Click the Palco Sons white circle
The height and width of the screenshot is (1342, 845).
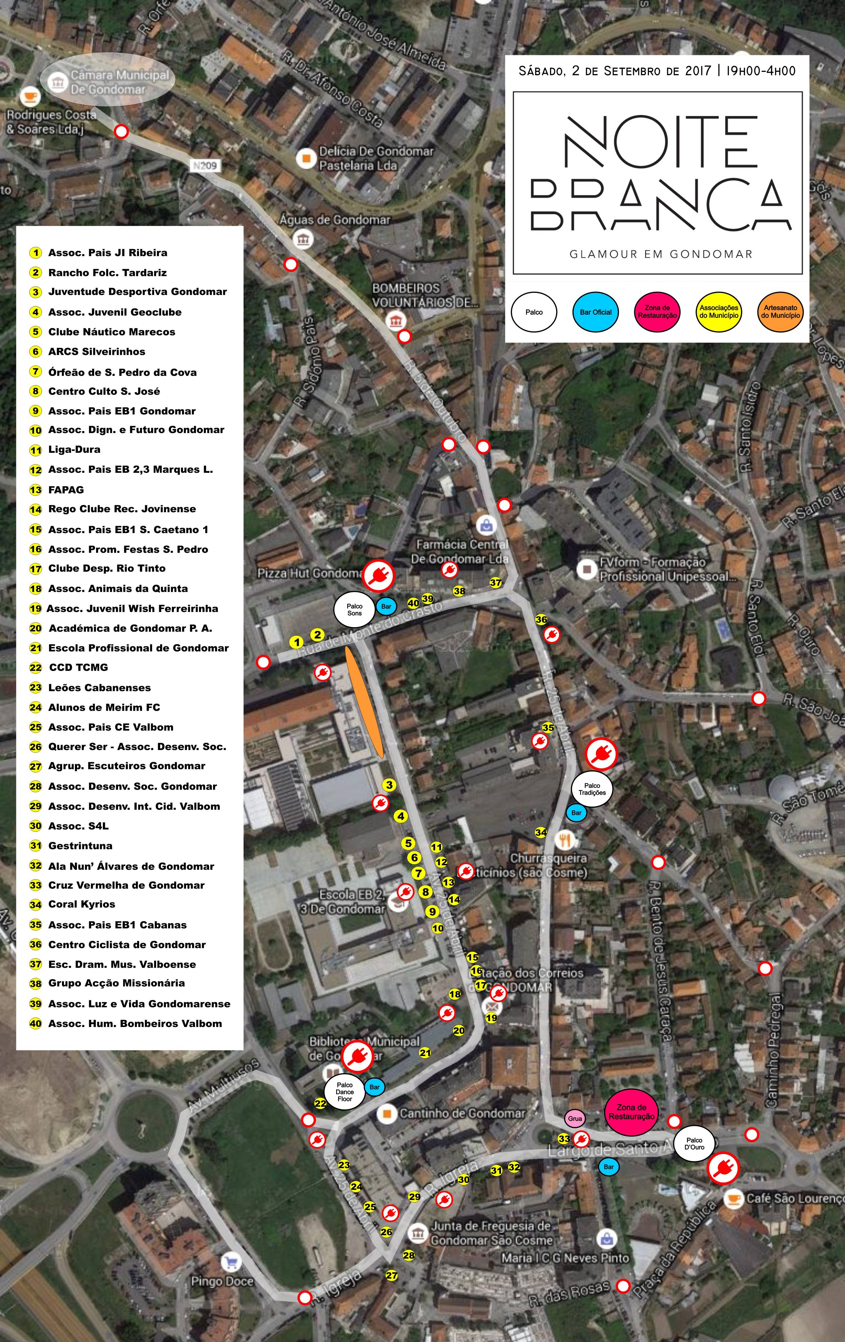[x=354, y=610]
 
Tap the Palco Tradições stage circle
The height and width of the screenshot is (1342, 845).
[x=592, y=789]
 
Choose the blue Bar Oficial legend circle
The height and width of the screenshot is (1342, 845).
[x=595, y=312]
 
